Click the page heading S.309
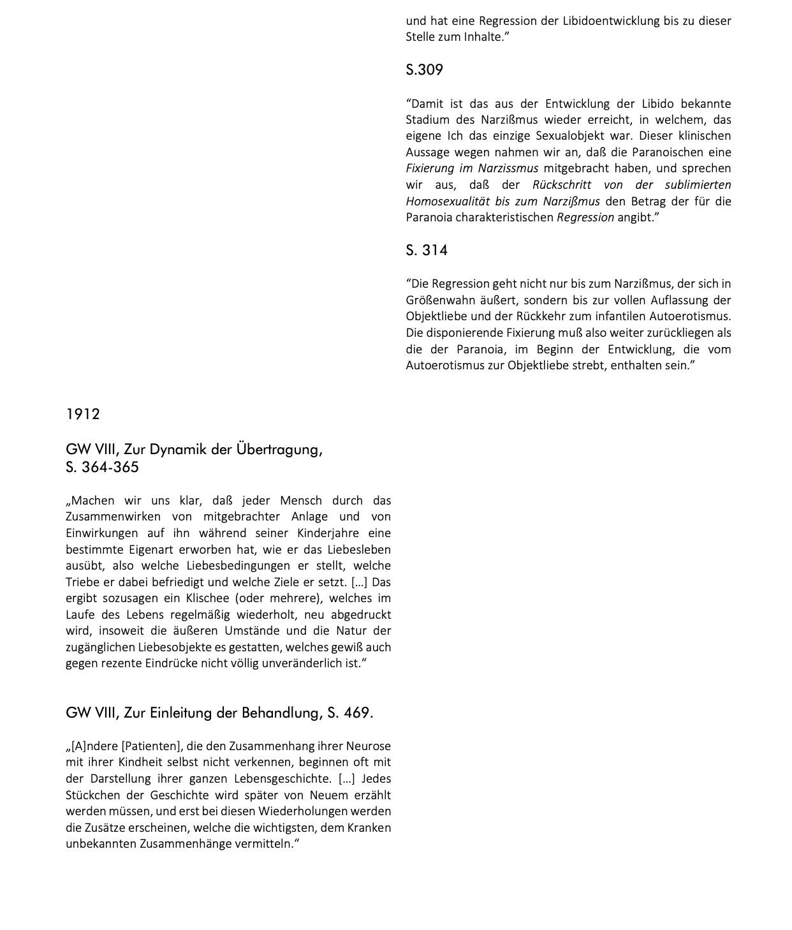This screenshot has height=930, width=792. pos(424,70)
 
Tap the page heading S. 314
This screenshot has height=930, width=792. pos(427,250)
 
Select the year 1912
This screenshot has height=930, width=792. pos(83,414)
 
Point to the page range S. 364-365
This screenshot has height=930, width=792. pos(102,467)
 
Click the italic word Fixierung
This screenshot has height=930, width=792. pos(430,168)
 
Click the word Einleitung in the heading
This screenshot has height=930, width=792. pos(180,712)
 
